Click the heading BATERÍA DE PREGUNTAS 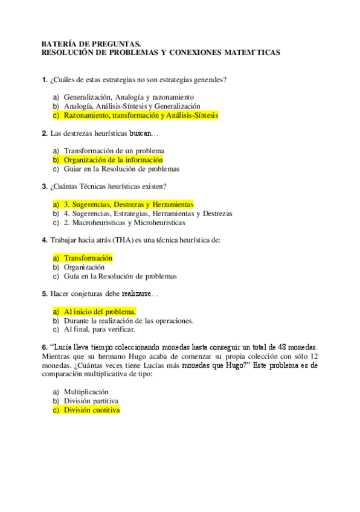[91, 43]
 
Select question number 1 [44, 80]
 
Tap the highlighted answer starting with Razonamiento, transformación [141, 115]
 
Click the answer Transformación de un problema [114, 150]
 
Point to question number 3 [44, 186]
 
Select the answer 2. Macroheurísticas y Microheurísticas [124, 222]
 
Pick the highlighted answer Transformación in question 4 [88, 258]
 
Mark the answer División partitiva [91, 401]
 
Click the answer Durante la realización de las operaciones [128, 321]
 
